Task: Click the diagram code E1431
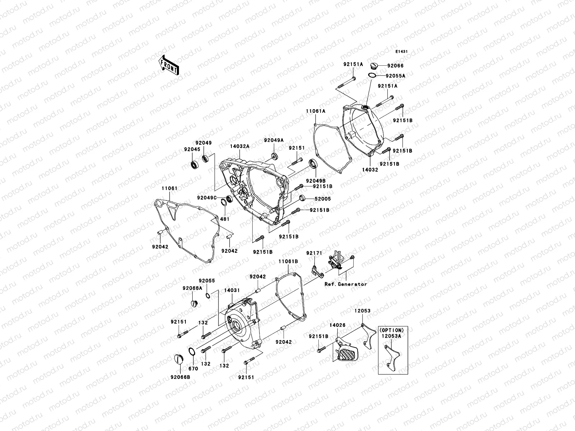pos(401,52)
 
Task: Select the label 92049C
pos(207,198)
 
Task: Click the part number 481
pos(225,219)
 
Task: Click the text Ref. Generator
pos(346,284)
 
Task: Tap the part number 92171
pos(313,253)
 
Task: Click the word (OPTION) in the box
pos(391,330)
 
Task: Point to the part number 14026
pos(337,325)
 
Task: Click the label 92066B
pos(181,377)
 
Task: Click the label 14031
pos(232,290)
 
